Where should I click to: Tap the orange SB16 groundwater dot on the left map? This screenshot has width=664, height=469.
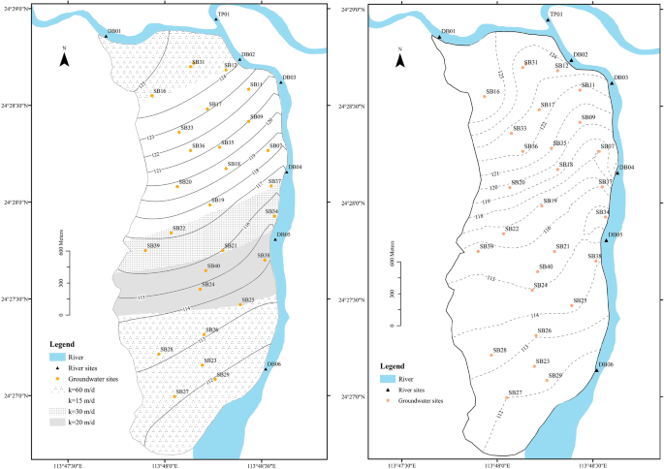[151, 96]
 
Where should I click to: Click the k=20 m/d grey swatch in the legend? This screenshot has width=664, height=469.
[58, 422]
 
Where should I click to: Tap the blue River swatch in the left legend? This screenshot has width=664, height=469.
[58, 356]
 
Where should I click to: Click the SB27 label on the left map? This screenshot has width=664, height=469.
[181, 391]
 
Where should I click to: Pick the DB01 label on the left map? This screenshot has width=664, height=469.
[114, 31]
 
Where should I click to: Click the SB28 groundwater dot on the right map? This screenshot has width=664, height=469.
[492, 356]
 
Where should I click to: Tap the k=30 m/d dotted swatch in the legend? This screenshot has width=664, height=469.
[58, 410]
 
